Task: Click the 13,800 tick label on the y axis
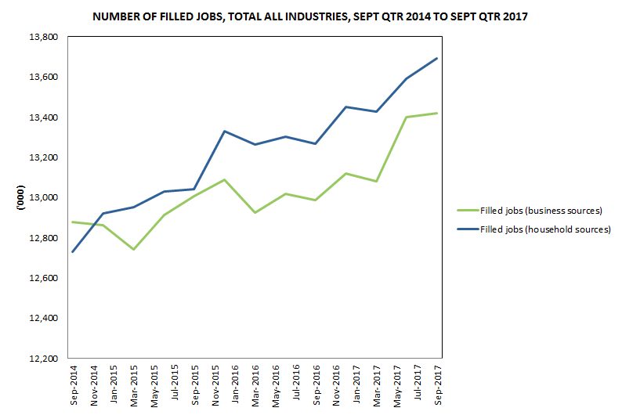[43, 37]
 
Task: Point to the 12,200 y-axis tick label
[43, 359]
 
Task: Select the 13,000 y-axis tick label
[43, 197]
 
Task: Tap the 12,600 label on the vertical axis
[43, 278]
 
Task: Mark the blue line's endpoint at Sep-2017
[436, 59]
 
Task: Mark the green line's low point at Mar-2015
[134, 249]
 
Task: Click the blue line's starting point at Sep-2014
[73, 251]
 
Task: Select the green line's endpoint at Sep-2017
[436, 113]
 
